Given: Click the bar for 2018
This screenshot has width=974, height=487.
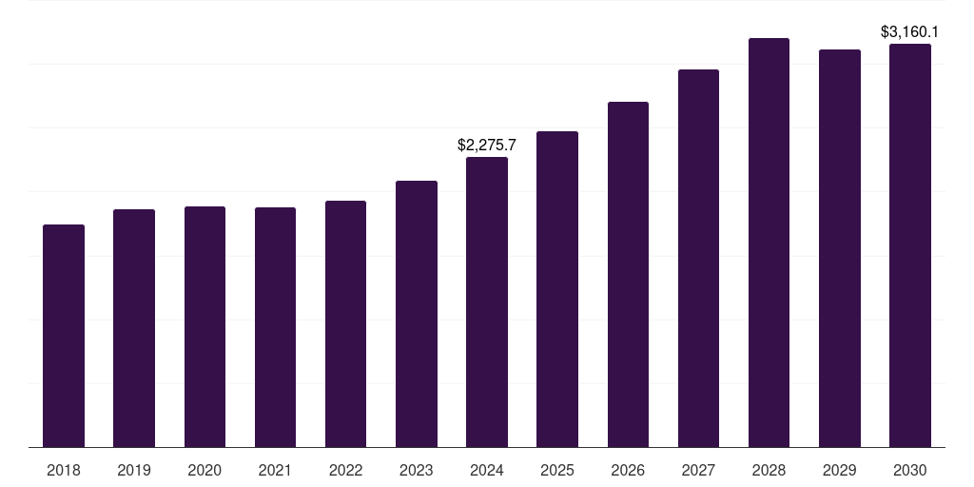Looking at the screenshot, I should point(64,336).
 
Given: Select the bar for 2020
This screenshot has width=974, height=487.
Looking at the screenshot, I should point(205,326).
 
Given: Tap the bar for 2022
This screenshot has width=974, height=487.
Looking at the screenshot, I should point(345,323).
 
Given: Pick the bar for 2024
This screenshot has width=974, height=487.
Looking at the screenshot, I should point(487,302).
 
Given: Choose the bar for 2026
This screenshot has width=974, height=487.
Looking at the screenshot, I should point(628,274).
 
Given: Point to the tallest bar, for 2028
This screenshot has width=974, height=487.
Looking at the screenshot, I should point(769,243).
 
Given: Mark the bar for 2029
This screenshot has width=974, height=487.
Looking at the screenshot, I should point(840,248).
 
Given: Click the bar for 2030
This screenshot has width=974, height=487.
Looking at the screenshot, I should point(910,245).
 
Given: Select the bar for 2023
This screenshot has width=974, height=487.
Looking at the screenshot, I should point(417,314).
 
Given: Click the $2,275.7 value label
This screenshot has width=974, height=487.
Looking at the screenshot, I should point(487,146).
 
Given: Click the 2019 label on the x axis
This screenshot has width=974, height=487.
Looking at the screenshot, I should point(134,470).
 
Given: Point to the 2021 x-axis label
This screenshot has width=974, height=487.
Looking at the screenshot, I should point(275,470).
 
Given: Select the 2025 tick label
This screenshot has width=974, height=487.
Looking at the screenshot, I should point(557,470).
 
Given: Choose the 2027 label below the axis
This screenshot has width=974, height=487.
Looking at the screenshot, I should point(698,470).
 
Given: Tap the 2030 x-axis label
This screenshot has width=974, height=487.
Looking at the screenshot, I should point(910,470).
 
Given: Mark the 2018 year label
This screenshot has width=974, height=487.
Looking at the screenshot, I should point(64,470).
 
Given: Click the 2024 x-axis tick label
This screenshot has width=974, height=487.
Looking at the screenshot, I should point(487,470).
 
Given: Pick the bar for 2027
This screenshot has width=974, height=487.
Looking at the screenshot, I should point(698,258).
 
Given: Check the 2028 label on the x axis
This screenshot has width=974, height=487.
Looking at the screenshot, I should point(769,470).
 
